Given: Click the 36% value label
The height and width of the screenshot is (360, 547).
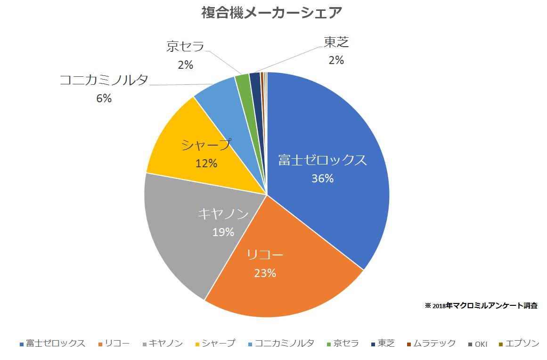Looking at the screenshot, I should click(x=322, y=179).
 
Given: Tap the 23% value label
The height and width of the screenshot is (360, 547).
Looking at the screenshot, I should click(x=265, y=273).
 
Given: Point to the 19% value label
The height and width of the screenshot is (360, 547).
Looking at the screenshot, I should click(x=223, y=232).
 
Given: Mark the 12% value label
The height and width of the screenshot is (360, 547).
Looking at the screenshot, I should click(x=206, y=163).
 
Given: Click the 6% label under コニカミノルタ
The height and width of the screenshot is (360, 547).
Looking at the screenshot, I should click(x=104, y=98).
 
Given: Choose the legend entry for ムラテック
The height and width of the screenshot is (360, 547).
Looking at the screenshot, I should click(x=431, y=344).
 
